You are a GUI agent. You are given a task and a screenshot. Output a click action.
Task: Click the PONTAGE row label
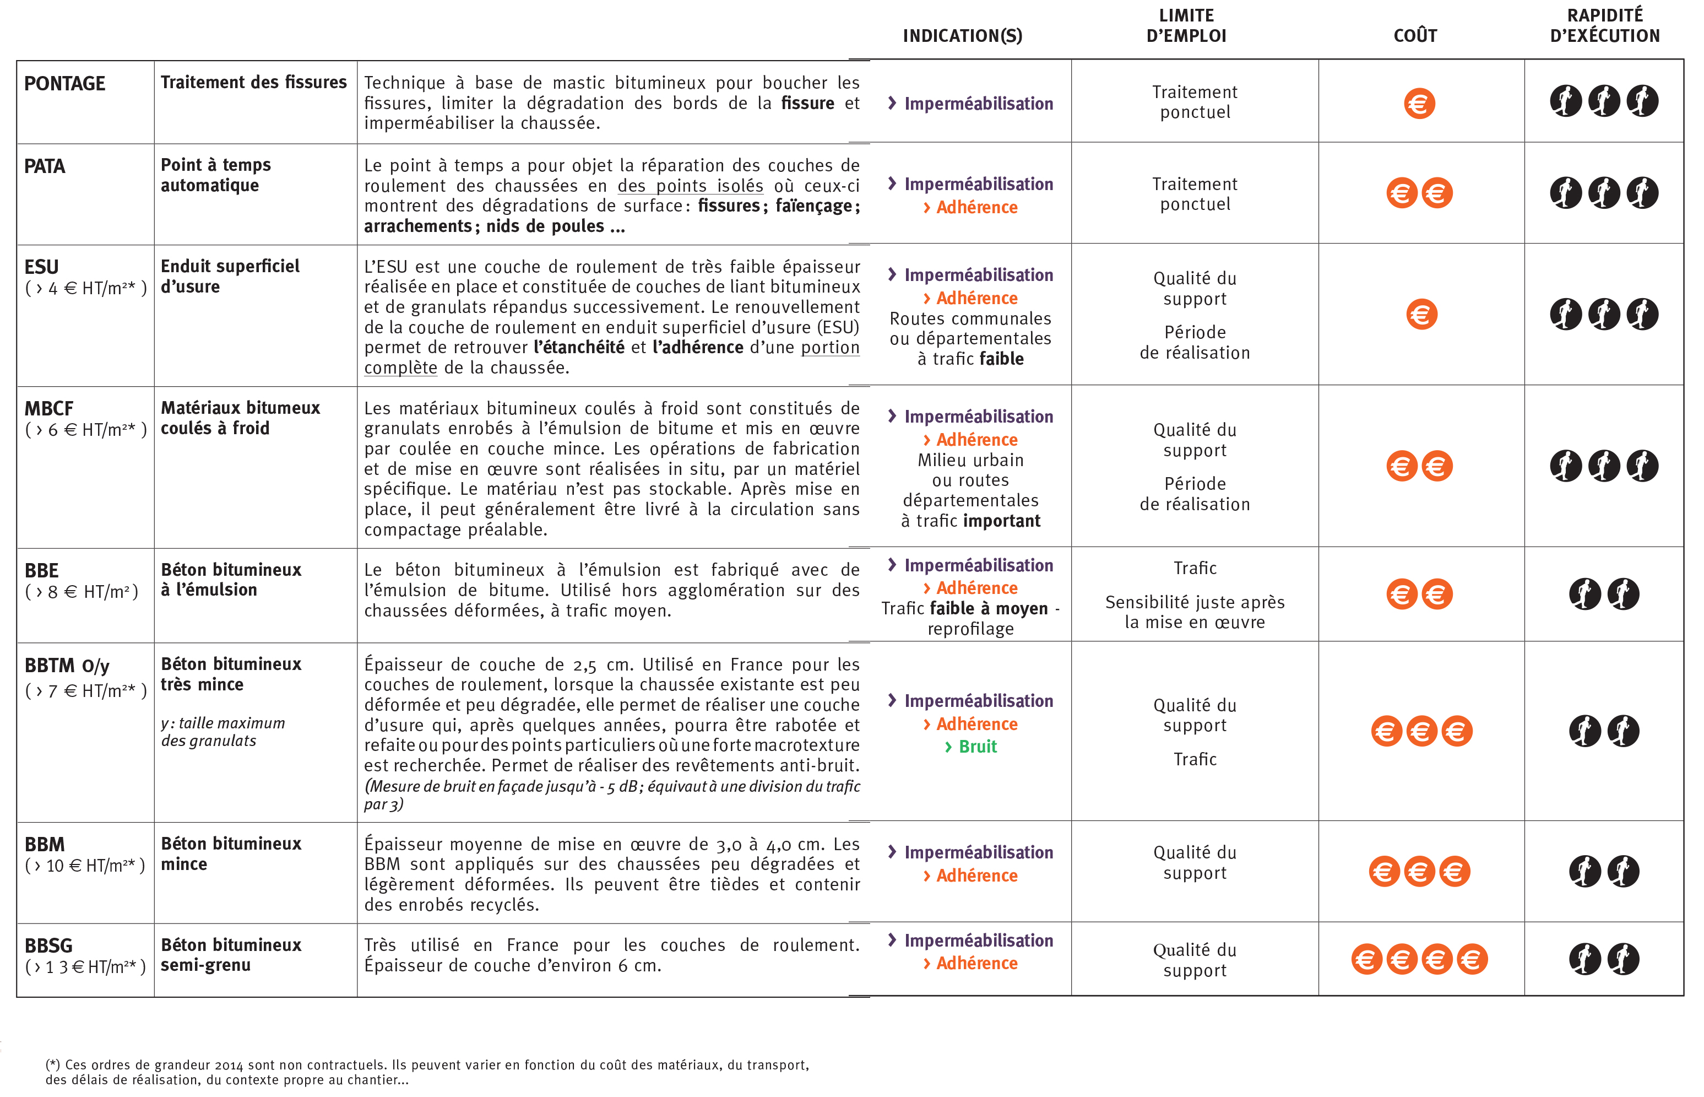point(65,84)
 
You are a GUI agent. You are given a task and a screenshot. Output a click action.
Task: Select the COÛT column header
point(1414,36)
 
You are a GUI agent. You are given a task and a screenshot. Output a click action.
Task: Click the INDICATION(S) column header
point(962,36)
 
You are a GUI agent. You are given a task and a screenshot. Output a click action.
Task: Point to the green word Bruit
point(977,747)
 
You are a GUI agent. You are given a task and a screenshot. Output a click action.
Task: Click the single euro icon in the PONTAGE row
point(1419,104)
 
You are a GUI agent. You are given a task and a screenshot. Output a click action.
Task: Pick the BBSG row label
point(48,945)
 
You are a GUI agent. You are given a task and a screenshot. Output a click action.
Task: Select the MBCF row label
point(48,409)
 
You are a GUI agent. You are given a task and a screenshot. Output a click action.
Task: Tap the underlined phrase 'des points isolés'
point(690,186)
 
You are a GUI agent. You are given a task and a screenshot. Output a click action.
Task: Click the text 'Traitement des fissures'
point(253,83)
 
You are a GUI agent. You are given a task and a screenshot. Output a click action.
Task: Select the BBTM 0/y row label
point(67,666)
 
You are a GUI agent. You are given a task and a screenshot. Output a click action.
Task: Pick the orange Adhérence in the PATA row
point(976,207)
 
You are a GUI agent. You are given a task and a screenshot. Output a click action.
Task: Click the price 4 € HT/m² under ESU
point(85,289)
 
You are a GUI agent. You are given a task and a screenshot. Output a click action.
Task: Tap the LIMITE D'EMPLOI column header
point(1186,26)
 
